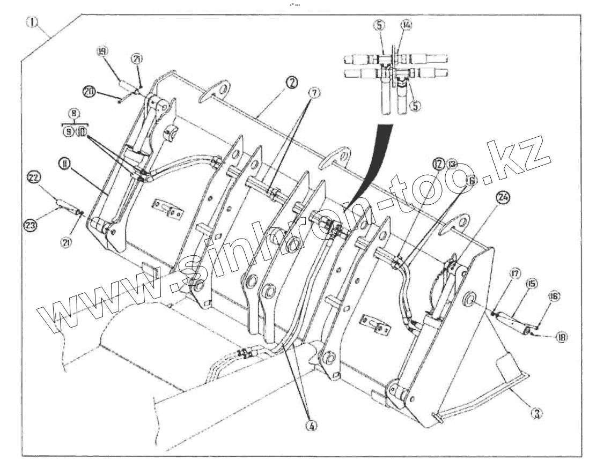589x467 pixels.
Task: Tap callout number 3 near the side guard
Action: tap(535, 412)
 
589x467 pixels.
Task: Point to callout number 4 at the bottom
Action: tap(312, 425)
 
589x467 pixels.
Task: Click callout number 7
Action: tap(314, 93)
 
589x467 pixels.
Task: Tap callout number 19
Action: tap(101, 52)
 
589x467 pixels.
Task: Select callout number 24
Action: tap(502, 197)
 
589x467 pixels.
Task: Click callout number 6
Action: tap(471, 181)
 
